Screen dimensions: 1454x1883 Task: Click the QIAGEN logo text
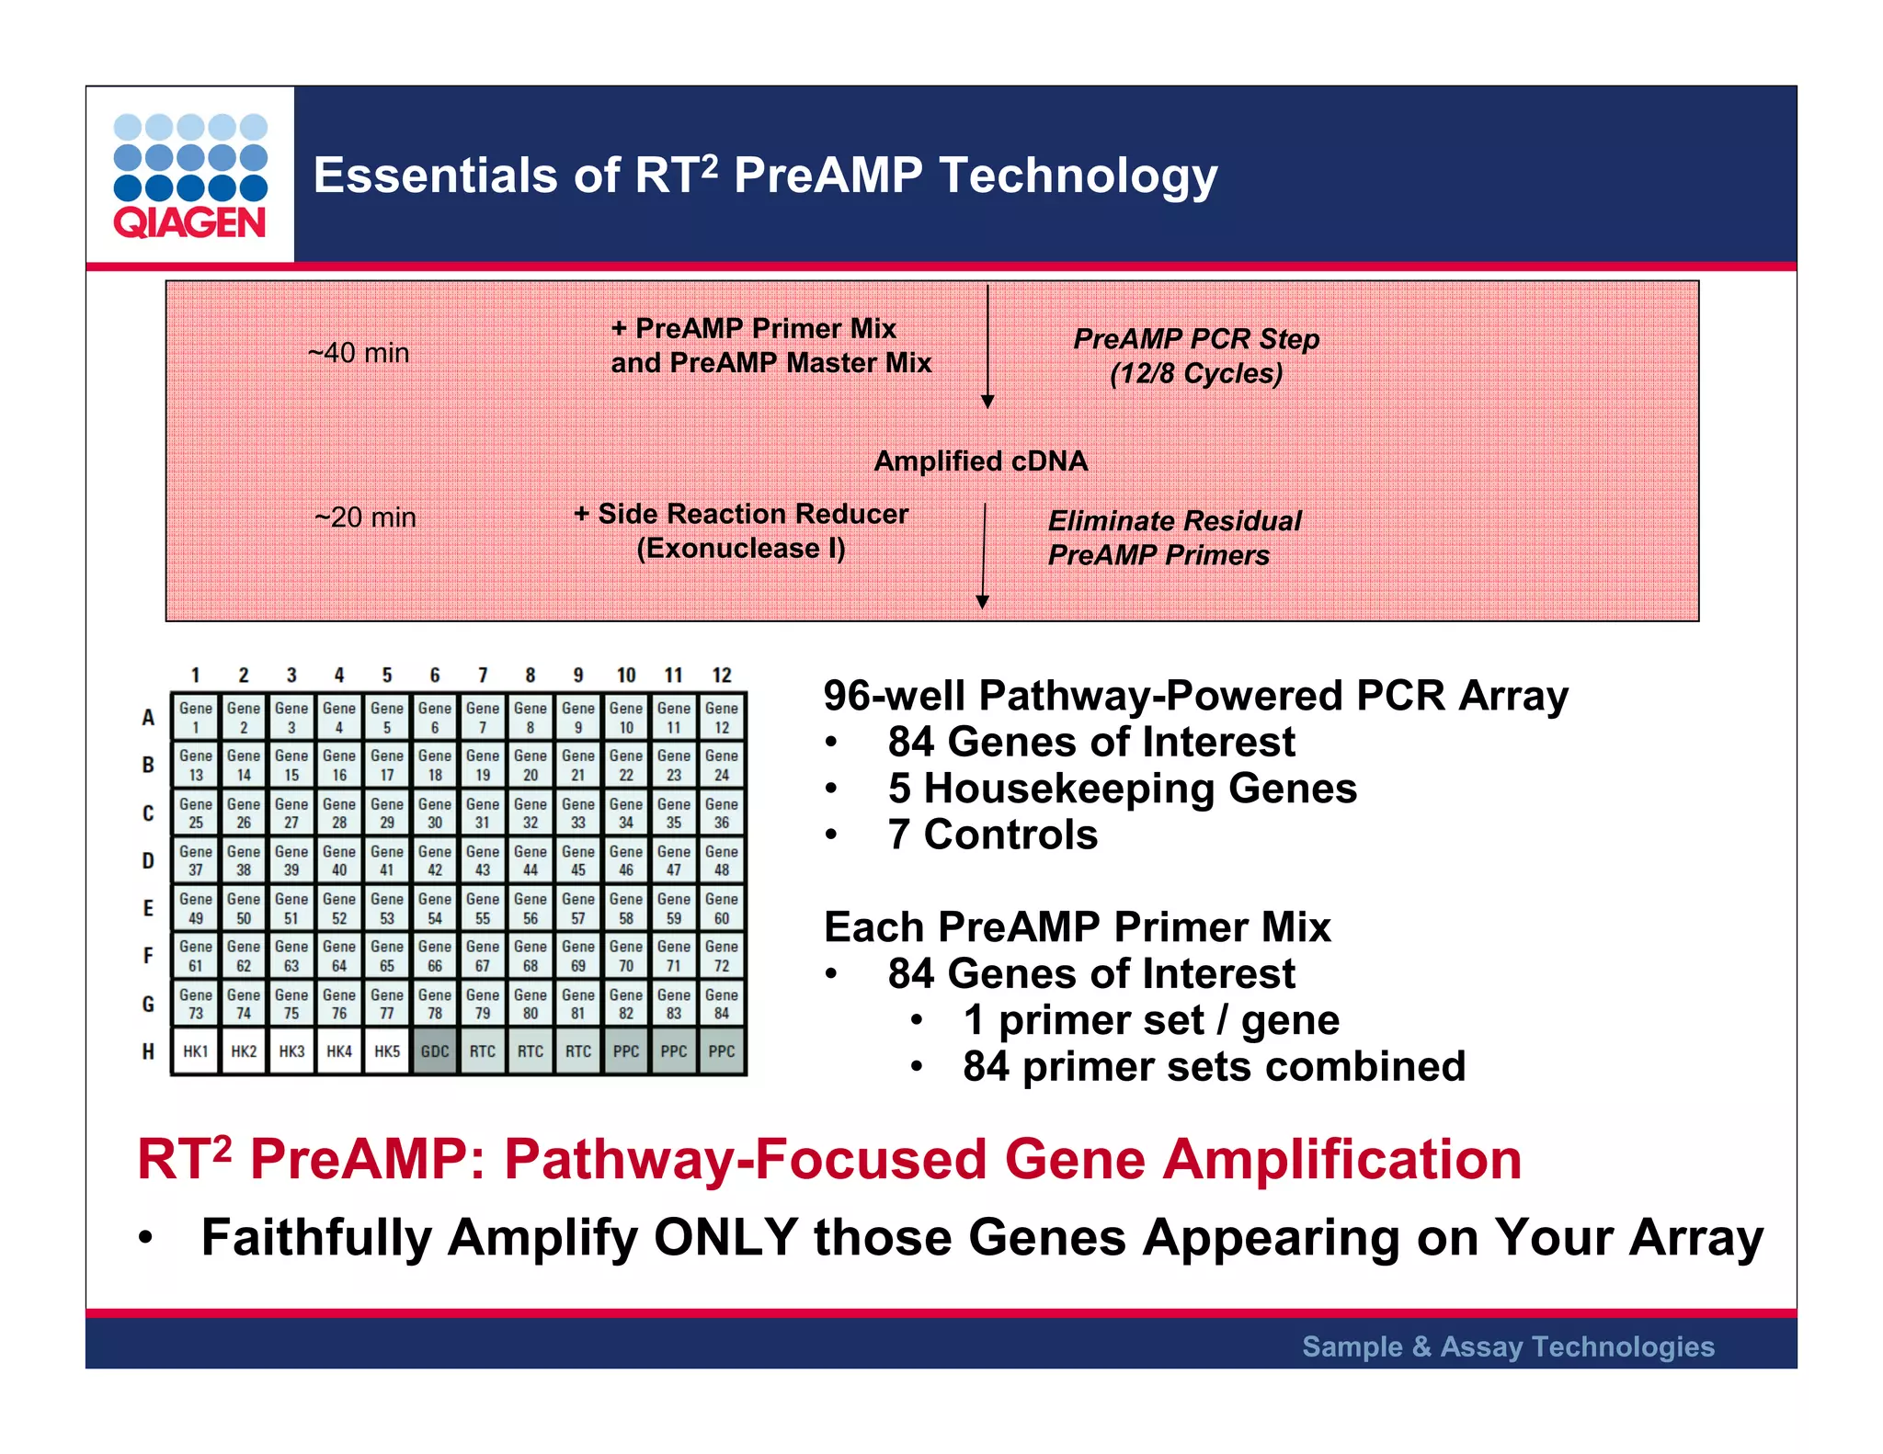[189, 222]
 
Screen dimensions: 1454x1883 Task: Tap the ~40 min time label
[359, 353]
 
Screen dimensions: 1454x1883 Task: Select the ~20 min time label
[365, 517]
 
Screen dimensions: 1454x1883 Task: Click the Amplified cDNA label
[980, 460]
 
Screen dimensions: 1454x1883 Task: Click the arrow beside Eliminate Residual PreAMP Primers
[983, 556]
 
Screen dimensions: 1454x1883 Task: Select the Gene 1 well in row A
[196, 717]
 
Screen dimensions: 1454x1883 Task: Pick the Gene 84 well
[722, 1004]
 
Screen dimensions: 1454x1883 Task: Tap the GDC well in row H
[435, 1051]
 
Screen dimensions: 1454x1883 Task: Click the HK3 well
[291, 1051]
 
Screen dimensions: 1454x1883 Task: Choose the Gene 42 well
[435, 860]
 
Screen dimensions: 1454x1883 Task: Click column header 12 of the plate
[722, 676]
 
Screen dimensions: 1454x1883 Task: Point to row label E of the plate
[148, 908]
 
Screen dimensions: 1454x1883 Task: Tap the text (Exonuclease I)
[740, 549]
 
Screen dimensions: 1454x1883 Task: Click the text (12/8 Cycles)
[1195, 373]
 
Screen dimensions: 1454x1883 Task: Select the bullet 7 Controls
[992, 835]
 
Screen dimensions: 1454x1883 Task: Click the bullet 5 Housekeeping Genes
[1122, 789]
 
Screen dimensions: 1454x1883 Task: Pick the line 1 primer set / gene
[1151, 1020]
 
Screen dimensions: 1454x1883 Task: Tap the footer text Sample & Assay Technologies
[1508, 1346]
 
